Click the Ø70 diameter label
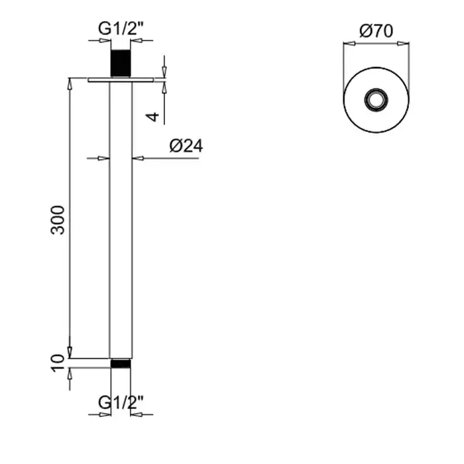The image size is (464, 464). (376, 31)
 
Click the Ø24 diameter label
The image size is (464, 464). (186, 146)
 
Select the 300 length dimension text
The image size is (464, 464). (58, 220)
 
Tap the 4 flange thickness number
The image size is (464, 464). (152, 117)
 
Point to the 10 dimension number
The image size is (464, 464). (58, 363)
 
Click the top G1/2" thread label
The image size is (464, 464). (121, 29)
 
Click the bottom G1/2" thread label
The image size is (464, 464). (121, 402)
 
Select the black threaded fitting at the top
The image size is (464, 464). (121, 64)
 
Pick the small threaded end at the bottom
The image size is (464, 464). (121, 363)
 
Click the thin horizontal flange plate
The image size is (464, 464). (121, 80)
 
